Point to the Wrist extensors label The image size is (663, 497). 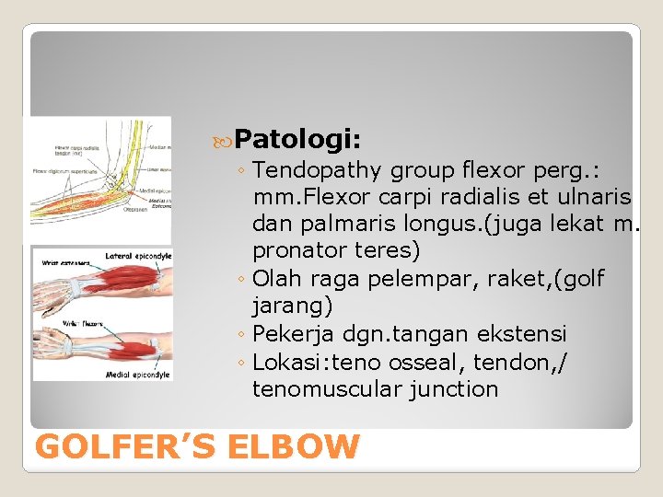tap(60, 263)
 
